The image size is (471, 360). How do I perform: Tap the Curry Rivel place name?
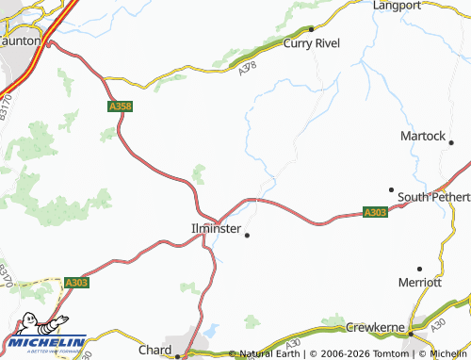(312, 43)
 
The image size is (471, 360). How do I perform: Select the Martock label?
(421, 136)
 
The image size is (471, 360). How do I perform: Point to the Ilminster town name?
(217, 229)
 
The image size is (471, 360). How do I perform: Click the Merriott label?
(420, 282)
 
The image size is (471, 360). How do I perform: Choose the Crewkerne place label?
(375, 327)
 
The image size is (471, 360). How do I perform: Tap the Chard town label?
(154, 350)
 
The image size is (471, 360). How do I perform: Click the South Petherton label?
(433, 197)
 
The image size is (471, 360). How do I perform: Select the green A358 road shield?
(120, 107)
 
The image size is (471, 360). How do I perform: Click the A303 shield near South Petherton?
(375, 214)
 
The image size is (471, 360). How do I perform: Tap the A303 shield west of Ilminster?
(76, 282)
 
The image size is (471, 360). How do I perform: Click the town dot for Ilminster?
(247, 235)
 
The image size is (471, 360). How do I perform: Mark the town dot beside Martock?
(451, 143)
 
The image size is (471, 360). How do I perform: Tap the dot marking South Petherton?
(391, 188)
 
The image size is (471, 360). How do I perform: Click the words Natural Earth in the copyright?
(270, 353)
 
